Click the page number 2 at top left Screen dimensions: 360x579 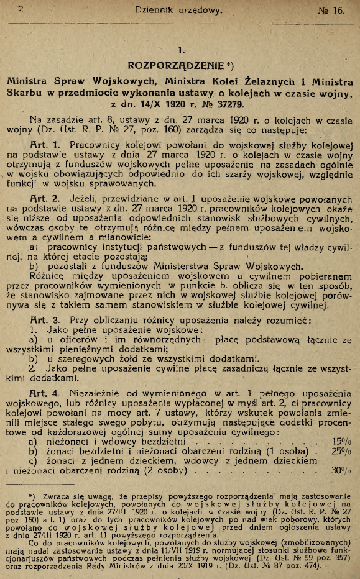(x=21, y=9)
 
